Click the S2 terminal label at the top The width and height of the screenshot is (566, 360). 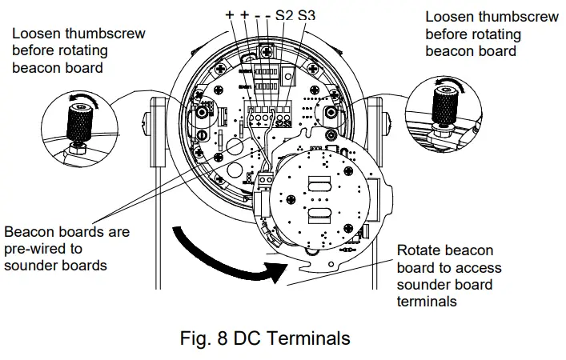pos(284,15)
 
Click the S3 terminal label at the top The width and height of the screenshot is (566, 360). pos(307,15)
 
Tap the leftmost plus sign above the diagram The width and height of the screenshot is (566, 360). pos(230,15)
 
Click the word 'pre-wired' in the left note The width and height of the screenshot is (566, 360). pos(40,249)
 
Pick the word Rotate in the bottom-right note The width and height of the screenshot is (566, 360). pos(420,250)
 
